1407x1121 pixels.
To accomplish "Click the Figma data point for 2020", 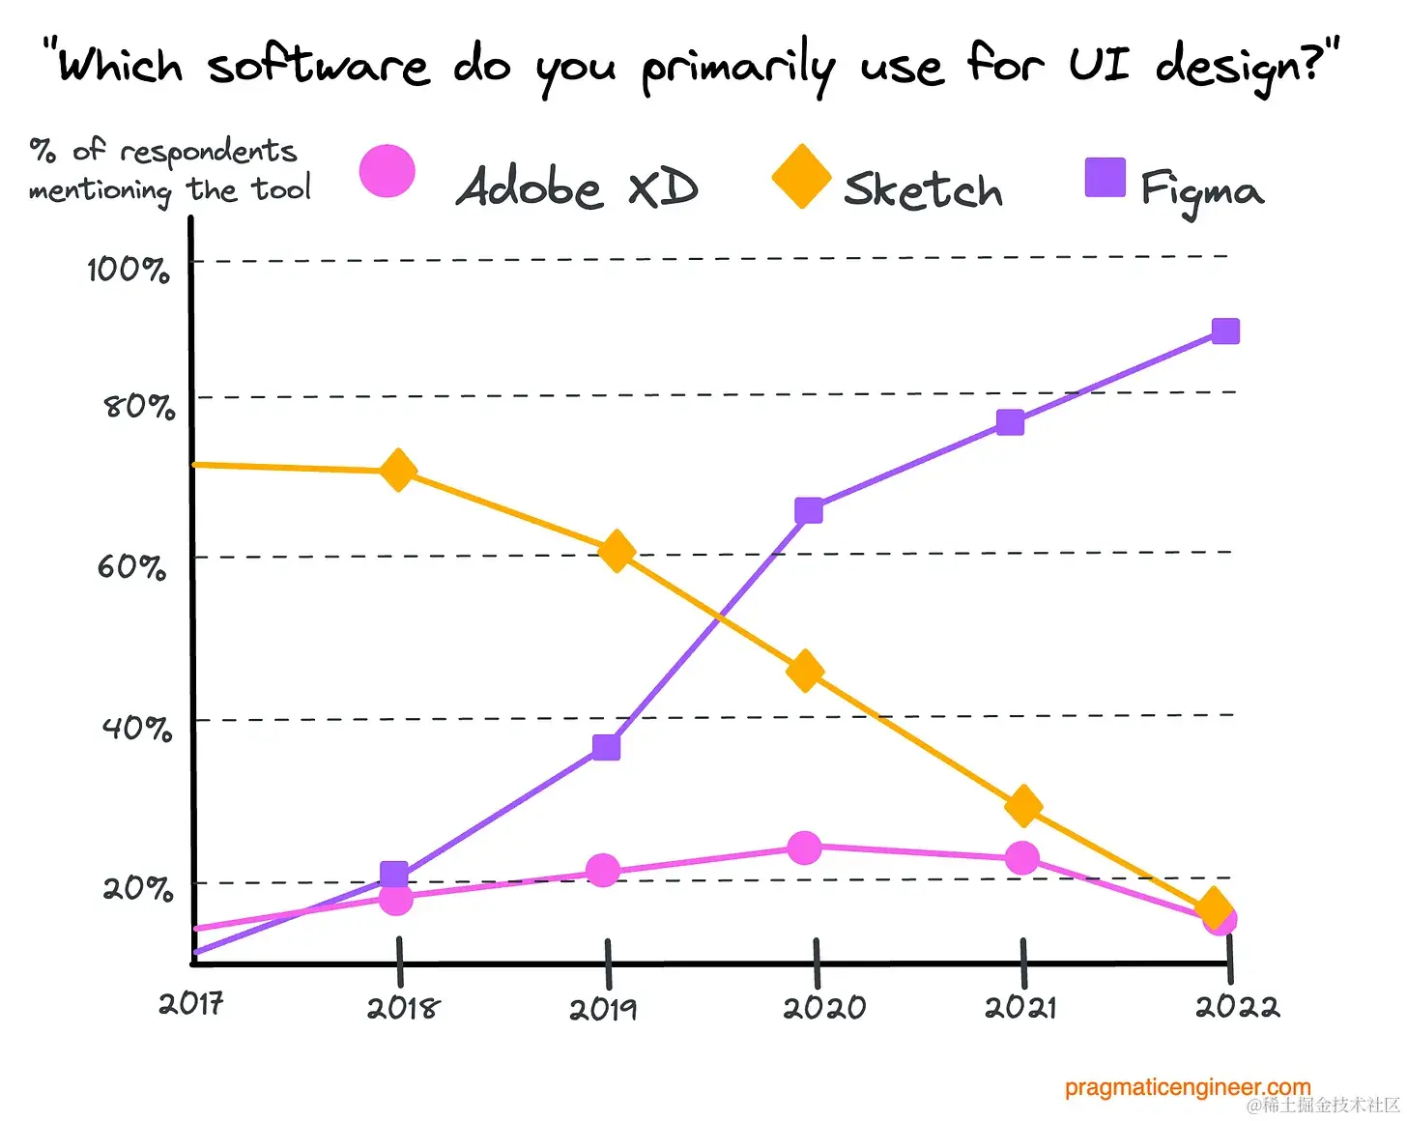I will coord(809,510).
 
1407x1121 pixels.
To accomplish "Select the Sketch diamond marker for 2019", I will coord(617,552).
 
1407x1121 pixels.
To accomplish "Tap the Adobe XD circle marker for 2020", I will coord(804,848).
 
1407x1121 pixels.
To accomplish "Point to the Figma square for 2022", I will coord(1225,331).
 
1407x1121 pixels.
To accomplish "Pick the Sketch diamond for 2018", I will coord(398,471).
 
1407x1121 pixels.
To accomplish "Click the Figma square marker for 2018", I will coord(394,875).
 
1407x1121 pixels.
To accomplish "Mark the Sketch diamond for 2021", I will coord(1023,805).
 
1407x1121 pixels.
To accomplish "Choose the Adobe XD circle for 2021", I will coord(1022,858).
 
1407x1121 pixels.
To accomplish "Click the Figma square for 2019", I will coord(606,747).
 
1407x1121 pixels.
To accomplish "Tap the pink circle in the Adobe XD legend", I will coord(388,172).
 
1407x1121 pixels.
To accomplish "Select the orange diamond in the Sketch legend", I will coord(801,177).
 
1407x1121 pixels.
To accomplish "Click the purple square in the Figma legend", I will coord(1105,178).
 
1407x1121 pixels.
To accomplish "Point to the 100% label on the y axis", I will coord(128,269).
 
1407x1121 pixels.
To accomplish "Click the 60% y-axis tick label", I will coord(131,566).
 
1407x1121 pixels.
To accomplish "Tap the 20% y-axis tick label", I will coord(137,887).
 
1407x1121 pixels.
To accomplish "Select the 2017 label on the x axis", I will coord(191,1004).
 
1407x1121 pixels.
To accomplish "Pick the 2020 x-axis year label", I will coord(824,1008).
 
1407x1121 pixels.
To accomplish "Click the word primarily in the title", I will coord(738,68).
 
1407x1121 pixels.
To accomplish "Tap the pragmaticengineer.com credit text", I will coord(1188,1088).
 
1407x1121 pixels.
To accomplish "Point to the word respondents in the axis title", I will coord(209,152).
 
